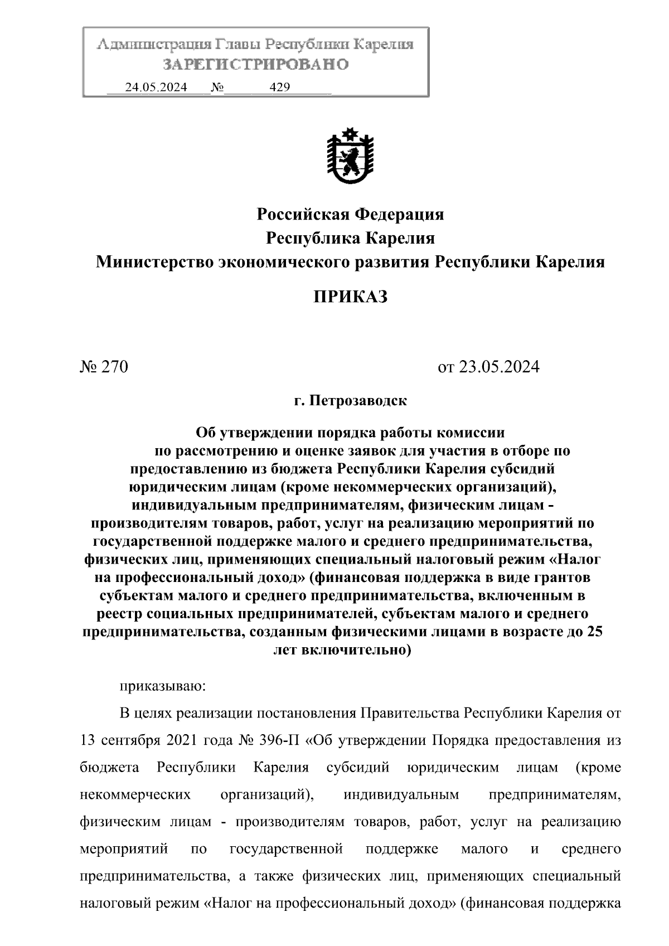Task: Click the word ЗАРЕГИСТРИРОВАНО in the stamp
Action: click(x=256, y=65)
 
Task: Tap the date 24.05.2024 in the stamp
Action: click(x=156, y=87)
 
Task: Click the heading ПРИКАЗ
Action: click(x=350, y=297)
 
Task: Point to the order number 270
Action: click(x=114, y=367)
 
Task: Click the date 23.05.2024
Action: click(x=500, y=367)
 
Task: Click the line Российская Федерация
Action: click(x=350, y=214)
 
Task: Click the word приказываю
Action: click(x=163, y=685)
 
